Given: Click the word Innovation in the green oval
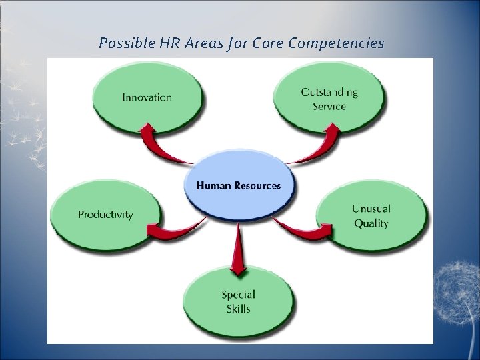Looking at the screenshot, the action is point(147,97).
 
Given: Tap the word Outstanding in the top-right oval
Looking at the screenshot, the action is point(329,92).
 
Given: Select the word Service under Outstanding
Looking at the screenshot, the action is point(329,106).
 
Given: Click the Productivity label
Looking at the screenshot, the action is point(105,215).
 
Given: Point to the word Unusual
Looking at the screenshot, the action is point(371,209).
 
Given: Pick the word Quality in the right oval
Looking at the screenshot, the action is point(371,223).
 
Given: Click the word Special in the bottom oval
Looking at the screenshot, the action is point(239,294).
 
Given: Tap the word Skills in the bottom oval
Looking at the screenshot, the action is point(239,309).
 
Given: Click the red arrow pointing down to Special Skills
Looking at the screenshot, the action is point(237,250).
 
